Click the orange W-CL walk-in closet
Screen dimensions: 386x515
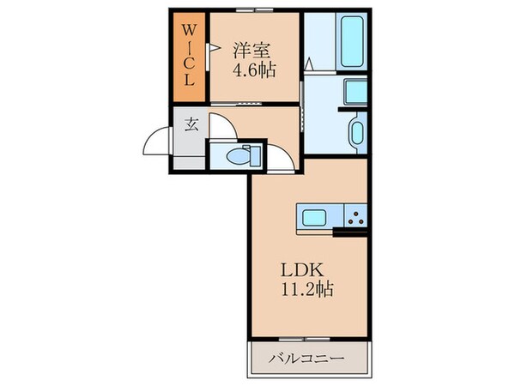(x=190, y=57)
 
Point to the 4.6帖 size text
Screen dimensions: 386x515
(x=253, y=70)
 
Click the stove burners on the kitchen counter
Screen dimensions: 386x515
(x=356, y=216)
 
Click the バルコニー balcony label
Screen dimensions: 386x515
(x=310, y=359)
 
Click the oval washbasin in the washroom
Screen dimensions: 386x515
(x=356, y=135)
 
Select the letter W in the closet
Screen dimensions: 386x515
(x=190, y=32)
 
